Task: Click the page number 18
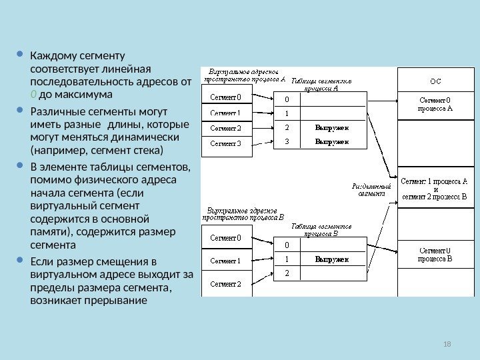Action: (447, 343)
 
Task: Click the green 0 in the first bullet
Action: (33, 95)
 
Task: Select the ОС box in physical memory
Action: (434, 81)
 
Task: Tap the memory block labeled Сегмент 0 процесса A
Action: (434, 105)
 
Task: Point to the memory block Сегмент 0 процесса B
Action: (434, 255)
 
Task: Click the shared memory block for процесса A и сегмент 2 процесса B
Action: (434, 189)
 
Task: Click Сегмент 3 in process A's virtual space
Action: (226, 143)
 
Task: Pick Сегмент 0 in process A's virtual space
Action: (226, 98)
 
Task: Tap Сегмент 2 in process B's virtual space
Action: (226, 284)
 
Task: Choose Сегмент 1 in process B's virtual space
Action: (226, 261)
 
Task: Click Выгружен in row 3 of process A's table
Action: (331, 141)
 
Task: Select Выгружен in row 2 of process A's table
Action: (331, 127)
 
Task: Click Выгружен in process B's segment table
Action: (331, 259)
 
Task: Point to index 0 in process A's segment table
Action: (287, 100)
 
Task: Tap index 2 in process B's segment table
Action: (287, 273)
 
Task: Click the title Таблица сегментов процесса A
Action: (321, 83)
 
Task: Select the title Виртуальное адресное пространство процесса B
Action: (245, 213)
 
